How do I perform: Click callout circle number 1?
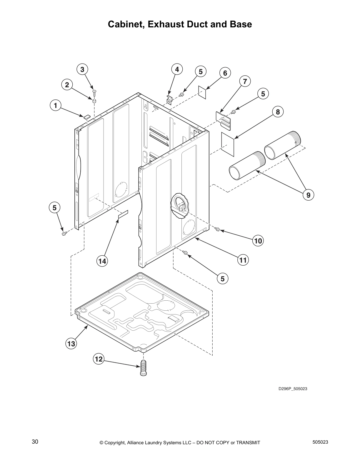[55, 105]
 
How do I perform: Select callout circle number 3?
[82, 69]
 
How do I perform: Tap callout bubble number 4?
[177, 69]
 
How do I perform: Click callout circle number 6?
[225, 73]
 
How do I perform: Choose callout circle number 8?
[278, 112]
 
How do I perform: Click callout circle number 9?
[308, 195]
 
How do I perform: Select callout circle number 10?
[258, 241]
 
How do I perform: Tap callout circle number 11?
[243, 260]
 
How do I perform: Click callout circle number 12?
[99, 359]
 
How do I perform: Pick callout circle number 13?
[71, 344]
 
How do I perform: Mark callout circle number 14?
[102, 261]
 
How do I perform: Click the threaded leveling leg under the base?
[144, 368]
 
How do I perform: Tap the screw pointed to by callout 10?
[218, 229]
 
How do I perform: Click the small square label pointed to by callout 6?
[202, 92]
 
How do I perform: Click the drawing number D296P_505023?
[293, 389]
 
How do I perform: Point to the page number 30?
[35, 442]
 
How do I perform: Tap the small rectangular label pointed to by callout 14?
[123, 214]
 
